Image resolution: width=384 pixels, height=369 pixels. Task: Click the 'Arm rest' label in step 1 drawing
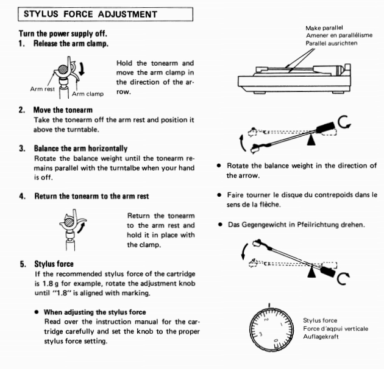(x=43, y=90)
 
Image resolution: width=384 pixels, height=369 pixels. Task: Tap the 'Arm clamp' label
(x=88, y=94)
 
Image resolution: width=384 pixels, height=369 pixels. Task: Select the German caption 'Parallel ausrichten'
(x=332, y=43)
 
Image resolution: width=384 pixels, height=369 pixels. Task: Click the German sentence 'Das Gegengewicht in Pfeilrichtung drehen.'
(x=296, y=224)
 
